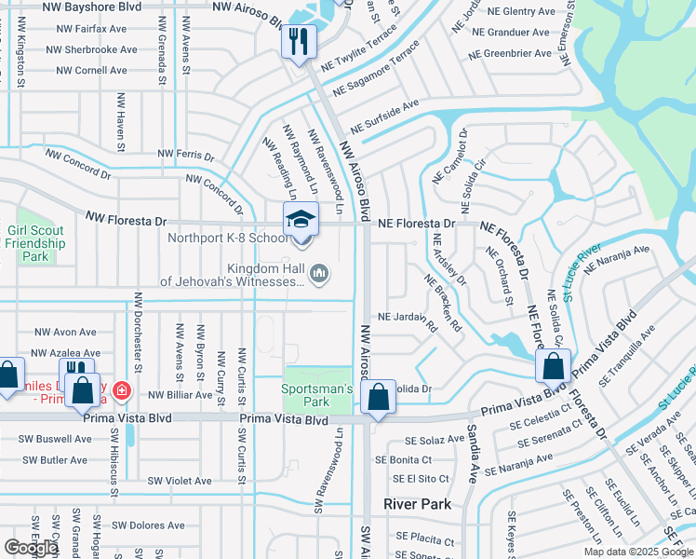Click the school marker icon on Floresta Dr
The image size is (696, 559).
coord(301,221)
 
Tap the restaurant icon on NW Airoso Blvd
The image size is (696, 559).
coord(300,42)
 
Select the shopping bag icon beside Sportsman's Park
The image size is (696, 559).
coord(379,398)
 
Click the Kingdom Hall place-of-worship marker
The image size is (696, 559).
coord(319,272)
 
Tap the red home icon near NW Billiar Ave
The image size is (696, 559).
coord(121,389)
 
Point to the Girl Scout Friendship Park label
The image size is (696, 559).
coord(35,243)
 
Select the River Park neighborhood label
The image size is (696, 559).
coord(418,504)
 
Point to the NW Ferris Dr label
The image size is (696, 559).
coord(186,155)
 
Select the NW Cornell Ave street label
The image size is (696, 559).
coord(91,70)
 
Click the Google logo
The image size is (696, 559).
coord(31,548)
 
